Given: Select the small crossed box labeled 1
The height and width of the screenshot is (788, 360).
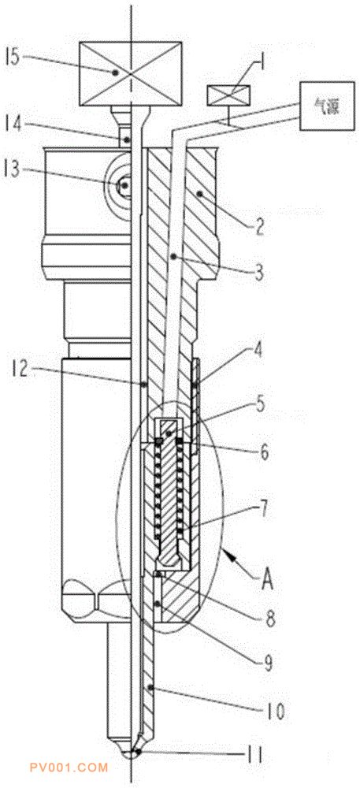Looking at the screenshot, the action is pyautogui.click(x=228, y=95).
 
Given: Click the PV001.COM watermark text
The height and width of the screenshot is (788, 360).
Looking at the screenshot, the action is pyautogui.click(x=69, y=768).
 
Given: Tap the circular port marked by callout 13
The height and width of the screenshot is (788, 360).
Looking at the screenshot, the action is pyautogui.click(x=123, y=184).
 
